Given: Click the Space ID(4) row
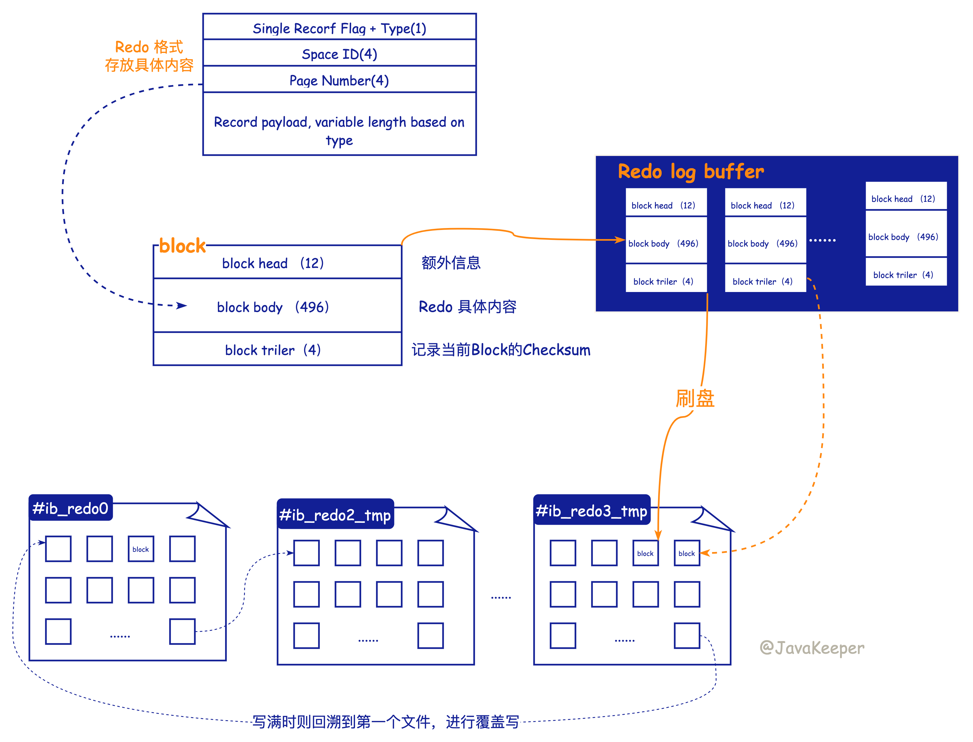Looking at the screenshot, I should pyautogui.click(x=339, y=54).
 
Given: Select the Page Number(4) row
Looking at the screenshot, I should pyautogui.click(x=339, y=81).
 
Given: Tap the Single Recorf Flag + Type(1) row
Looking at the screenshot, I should pyautogui.click(x=339, y=28).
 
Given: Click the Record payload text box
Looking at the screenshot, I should pyautogui.click(x=339, y=130).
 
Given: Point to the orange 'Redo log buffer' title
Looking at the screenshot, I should pyautogui.click(x=690, y=171).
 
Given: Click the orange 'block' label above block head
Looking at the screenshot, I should pyautogui.click(x=182, y=246).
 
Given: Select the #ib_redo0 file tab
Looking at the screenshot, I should pyautogui.click(x=71, y=508).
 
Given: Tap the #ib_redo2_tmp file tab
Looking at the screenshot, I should pyautogui.click(x=335, y=515).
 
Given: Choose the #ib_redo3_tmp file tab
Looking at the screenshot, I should pyautogui.click(x=591, y=511).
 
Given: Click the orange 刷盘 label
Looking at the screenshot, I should pyautogui.click(x=695, y=398).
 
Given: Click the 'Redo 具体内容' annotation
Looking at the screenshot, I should pyautogui.click(x=467, y=307).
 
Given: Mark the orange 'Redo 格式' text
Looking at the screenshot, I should pyautogui.click(x=149, y=47).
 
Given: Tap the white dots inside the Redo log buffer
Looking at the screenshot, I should pyautogui.click(x=822, y=240).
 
